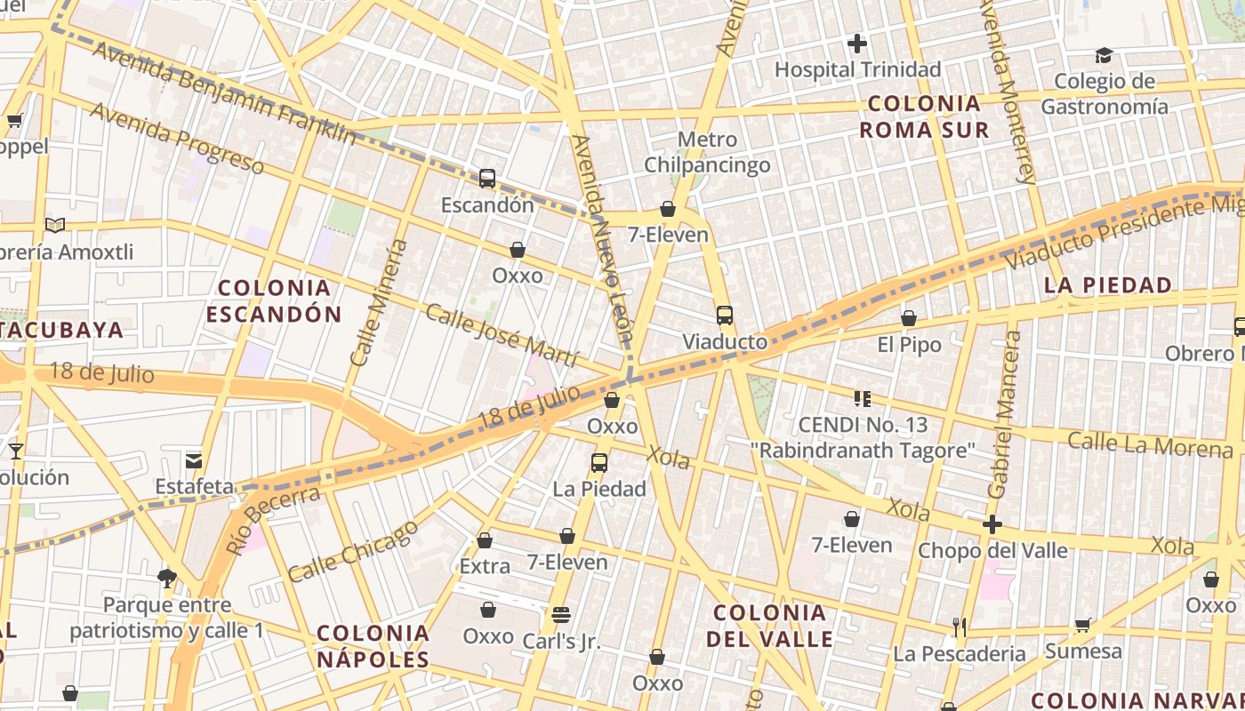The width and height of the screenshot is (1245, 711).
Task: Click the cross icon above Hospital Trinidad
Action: [x=857, y=43]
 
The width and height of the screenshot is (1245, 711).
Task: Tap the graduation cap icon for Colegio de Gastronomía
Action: [x=1104, y=55]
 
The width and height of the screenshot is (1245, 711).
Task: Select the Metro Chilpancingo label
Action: [x=707, y=152]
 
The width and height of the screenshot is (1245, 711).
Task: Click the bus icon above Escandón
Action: [x=487, y=178]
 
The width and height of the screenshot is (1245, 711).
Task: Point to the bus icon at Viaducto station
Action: [x=725, y=315]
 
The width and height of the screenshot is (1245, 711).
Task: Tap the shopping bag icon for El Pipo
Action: [x=909, y=318]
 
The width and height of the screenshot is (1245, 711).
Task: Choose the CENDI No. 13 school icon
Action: [x=862, y=398]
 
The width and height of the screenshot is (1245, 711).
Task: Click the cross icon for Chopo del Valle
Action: [x=992, y=524]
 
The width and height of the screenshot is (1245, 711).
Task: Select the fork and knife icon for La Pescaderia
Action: [x=959, y=627]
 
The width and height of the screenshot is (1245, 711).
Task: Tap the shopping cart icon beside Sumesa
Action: [x=1083, y=625]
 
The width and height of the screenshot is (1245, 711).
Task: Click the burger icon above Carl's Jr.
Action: [x=560, y=614]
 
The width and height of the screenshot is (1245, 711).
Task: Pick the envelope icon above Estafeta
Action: [x=194, y=460]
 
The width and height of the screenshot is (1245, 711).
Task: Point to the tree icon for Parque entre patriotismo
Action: [x=166, y=579]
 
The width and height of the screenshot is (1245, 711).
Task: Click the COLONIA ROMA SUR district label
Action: [x=924, y=116]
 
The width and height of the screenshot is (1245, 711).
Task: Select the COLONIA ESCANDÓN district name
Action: [x=274, y=300]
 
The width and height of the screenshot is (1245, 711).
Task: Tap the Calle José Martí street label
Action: [x=502, y=335]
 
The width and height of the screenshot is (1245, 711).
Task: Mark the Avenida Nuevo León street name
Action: [x=604, y=240]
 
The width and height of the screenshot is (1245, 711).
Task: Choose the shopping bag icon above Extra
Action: [x=485, y=540]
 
